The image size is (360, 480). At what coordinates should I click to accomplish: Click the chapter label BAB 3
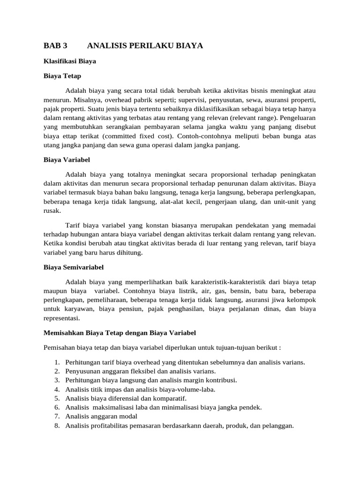[x=55, y=45]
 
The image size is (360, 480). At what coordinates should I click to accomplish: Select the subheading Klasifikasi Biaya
[x=70, y=60]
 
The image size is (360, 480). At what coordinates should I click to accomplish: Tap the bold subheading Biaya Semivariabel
[x=74, y=267]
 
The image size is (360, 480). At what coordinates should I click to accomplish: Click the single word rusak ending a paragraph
[x=52, y=210]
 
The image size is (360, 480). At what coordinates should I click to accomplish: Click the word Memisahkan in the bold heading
[x=64, y=332]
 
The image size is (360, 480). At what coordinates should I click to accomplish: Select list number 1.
[x=56, y=362]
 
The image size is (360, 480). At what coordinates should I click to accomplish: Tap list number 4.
[x=56, y=389]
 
